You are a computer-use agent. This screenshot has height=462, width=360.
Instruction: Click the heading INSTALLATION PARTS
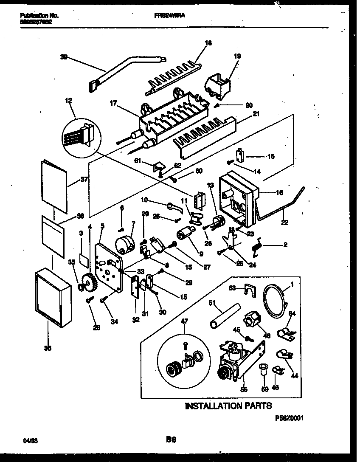click(228, 406)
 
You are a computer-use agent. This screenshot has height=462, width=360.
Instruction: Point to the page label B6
click(171, 441)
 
